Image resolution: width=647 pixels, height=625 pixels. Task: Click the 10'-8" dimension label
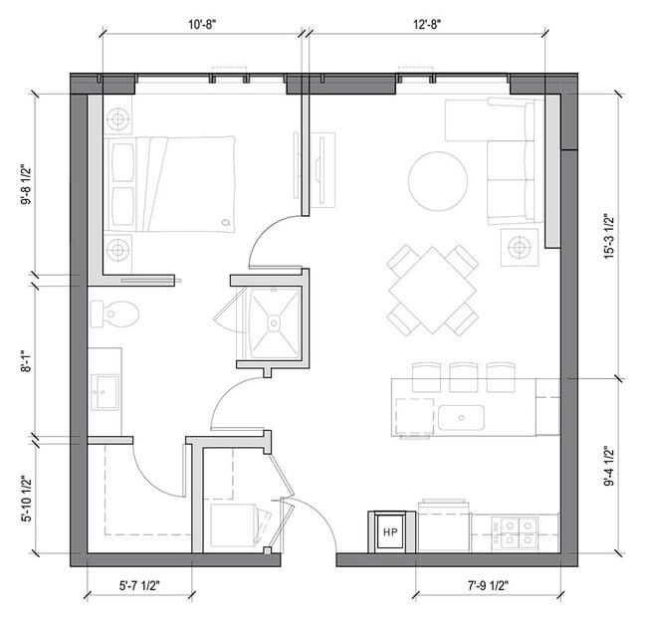point(201,18)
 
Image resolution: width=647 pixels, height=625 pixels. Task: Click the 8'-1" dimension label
point(24,360)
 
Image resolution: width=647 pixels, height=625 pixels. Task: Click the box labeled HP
point(390,532)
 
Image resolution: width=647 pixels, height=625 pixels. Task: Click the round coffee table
point(438,180)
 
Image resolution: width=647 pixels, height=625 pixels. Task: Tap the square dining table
point(433,291)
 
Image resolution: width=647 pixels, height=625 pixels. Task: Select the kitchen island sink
point(461,416)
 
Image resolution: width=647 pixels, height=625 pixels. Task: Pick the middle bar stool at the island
point(464,376)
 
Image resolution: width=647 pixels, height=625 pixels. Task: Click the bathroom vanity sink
point(104,389)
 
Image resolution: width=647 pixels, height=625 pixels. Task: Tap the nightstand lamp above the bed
point(117,120)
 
